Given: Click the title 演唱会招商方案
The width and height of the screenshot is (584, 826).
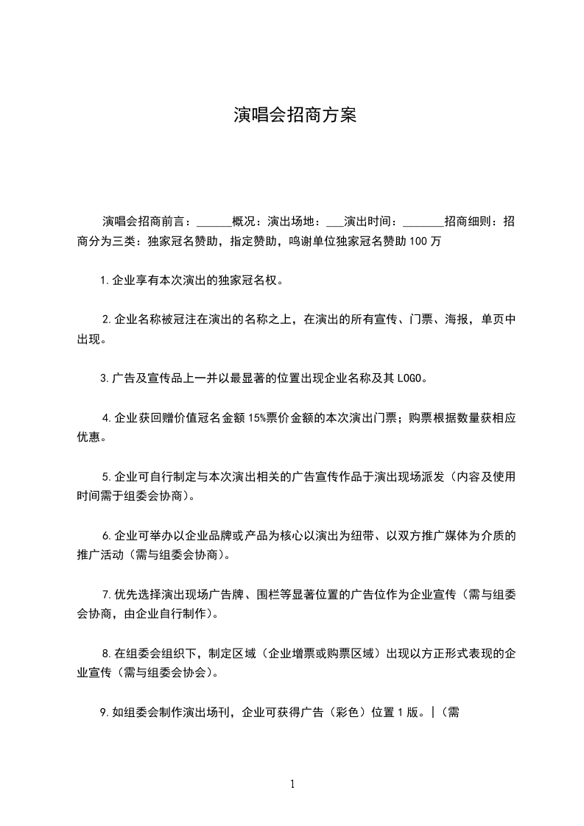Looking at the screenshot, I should [x=295, y=115].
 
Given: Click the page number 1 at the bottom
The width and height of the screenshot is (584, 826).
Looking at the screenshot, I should [x=292, y=784].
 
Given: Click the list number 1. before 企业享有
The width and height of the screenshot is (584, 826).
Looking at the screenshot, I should [x=105, y=280].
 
